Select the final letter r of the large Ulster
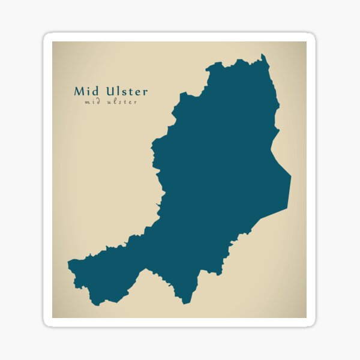point(145,93)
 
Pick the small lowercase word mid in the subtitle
point(92,102)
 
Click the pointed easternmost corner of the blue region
point(291,176)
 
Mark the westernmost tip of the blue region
point(68,263)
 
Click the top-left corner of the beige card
point(53,42)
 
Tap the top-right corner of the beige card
point(306,42)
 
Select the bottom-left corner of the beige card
point(53,317)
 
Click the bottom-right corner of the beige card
point(306,317)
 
